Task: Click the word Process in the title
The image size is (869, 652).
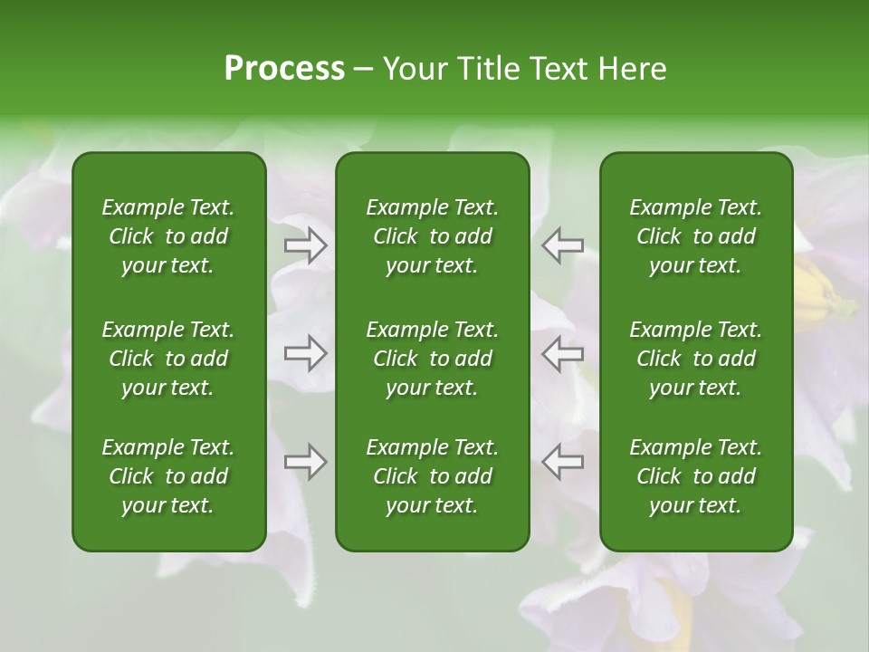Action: tap(284, 69)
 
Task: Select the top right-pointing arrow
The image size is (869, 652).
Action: tap(306, 245)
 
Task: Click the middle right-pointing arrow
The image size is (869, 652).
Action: tap(306, 353)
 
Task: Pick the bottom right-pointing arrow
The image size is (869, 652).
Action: tap(306, 462)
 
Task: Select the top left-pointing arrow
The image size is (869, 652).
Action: tap(562, 245)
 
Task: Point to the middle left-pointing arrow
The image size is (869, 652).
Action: tap(562, 353)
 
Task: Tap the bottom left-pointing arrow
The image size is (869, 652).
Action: tap(562, 462)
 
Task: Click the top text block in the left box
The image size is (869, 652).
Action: tap(168, 236)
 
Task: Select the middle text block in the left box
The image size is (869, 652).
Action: tap(168, 359)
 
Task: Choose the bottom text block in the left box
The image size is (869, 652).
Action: tap(168, 476)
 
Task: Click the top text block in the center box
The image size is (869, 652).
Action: tap(432, 236)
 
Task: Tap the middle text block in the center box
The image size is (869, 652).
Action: tap(432, 359)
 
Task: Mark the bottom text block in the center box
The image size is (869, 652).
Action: tap(432, 476)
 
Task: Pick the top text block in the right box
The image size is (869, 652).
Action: tap(695, 236)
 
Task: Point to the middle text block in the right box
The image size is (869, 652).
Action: tap(695, 359)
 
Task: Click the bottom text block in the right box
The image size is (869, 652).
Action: tap(695, 476)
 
